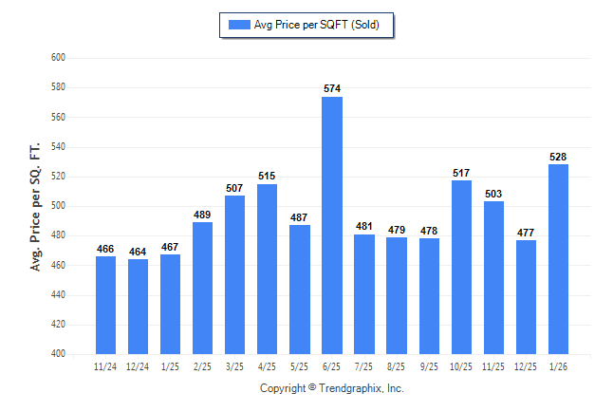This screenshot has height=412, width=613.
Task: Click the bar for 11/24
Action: click(x=106, y=305)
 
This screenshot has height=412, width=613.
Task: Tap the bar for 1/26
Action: click(x=558, y=259)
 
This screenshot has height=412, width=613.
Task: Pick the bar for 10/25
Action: click(x=461, y=267)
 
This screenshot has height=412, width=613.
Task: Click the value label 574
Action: click(x=332, y=89)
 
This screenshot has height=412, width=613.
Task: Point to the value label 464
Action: click(x=139, y=252)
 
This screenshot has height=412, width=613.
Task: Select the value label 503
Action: click(x=493, y=194)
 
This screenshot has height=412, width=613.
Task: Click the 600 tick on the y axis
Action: click(x=57, y=58)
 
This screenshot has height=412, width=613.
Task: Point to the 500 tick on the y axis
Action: click(x=57, y=206)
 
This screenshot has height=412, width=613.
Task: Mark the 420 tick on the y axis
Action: click(x=57, y=325)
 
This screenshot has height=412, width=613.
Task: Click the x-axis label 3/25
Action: click(x=235, y=365)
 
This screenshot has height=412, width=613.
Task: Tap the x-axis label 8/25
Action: click(x=397, y=365)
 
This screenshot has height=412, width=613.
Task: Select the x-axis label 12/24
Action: click(x=139, y=365)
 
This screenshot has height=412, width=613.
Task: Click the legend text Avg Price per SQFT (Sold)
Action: click(x=317, y=25)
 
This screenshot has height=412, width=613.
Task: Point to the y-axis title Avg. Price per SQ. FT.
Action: click(x=36, y=206)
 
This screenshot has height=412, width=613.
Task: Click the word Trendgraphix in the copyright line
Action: click(x=352, y=388)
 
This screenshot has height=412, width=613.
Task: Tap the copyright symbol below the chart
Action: click(x=312, y=388)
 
